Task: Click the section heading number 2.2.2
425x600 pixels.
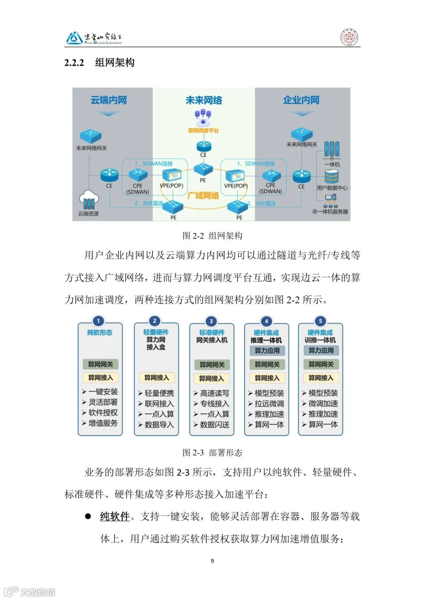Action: point(74,63)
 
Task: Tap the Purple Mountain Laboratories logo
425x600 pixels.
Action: point(94,38)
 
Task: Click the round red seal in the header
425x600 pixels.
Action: point(349,38)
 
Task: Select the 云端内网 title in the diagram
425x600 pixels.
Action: point(109,100)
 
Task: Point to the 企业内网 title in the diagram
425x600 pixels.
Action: point(301,100)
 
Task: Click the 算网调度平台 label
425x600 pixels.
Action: point(203,130)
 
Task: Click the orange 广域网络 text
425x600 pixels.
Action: point(203,195)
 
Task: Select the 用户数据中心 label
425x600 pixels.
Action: point(332,188)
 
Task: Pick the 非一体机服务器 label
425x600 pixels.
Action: point(330,212)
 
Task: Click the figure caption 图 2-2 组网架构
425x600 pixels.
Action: point(212,236)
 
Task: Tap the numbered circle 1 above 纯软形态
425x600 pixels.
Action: point(98,321)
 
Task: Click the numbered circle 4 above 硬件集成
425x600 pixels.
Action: point(266,321)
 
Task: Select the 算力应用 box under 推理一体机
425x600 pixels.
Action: point(267,350)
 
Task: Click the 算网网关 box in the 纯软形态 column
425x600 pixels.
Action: point(100,364)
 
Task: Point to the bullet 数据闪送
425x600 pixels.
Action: point(214,425)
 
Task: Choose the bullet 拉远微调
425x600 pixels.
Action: point(269,404)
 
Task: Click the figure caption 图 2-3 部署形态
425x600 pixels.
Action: point(212,453)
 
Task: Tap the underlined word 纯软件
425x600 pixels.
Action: point(115,516)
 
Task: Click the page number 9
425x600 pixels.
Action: point(213,561)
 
